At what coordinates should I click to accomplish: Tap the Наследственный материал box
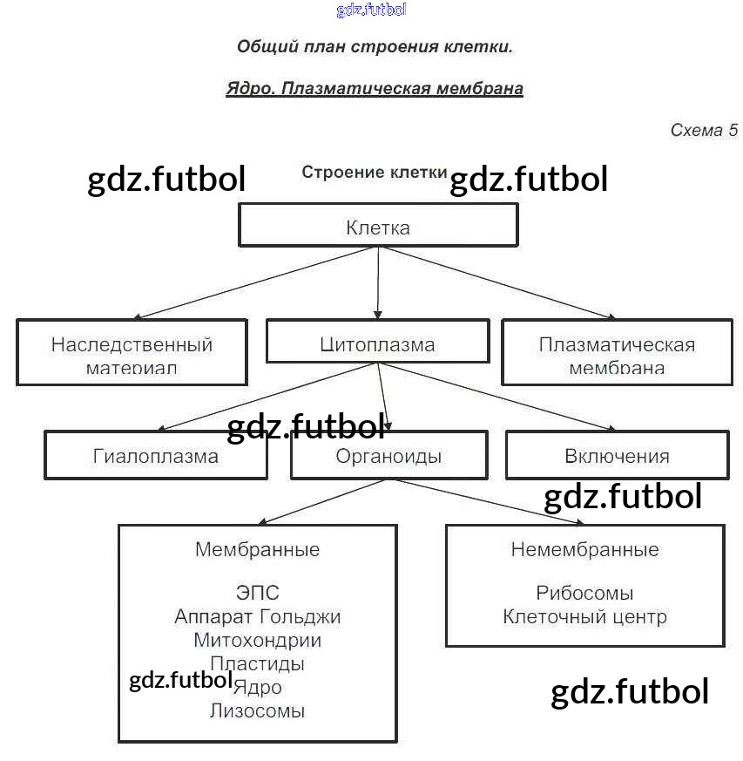pos(132,352)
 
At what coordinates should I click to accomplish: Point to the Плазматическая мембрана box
pos(617,352)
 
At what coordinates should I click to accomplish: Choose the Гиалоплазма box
pos(156,455)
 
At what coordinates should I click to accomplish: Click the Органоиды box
pos(388,456)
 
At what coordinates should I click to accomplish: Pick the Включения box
pos(617,455)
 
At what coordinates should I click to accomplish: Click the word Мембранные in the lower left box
pos(257,550)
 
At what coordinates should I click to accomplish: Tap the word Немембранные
pos(584,550)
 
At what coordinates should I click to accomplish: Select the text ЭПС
pos(257,594)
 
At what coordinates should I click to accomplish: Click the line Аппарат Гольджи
pos(257,617)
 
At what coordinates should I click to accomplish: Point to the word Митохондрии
pos(257,641)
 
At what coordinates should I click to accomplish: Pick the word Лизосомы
pos(257,710)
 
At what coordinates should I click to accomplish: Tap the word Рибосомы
pos(584,594)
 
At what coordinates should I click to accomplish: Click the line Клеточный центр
pos(584,617)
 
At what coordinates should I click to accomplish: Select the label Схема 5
pos(704,131)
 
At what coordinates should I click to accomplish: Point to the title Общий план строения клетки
pos(375,47)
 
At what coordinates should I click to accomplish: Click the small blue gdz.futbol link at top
pos(371,10)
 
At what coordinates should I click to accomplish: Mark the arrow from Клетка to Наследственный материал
pos(256,282)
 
